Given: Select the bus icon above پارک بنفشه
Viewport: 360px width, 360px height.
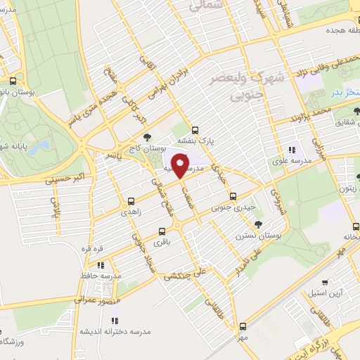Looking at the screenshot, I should (x=195, y=129).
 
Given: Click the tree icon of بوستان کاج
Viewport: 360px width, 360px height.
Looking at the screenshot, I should (x=147, y=138).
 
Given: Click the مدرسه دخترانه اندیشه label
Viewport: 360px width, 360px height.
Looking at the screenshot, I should (x=106, y=330).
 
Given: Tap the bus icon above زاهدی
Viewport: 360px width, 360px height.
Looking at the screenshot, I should (x=131, y=200).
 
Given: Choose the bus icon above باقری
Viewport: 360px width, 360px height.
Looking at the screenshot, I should (x=163, y=231).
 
